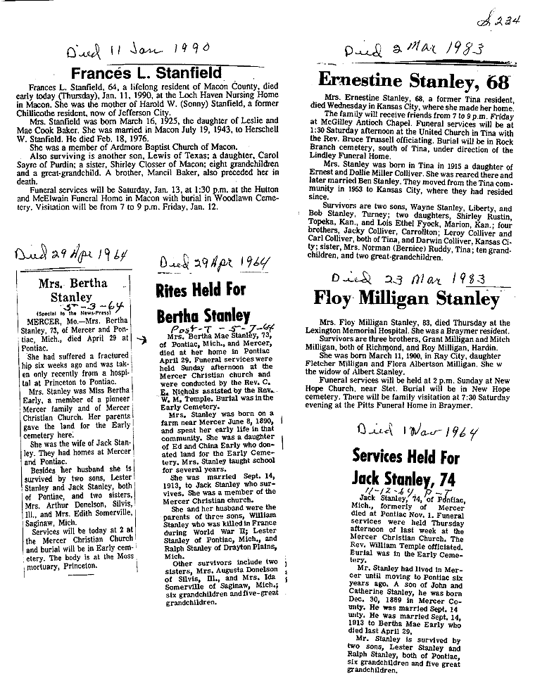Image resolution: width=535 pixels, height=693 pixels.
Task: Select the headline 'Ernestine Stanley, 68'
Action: click(414, 79)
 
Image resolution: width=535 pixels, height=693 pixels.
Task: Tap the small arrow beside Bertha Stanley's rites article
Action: click(143, 338)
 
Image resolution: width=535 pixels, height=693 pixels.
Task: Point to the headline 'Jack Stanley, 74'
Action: click(403, 479)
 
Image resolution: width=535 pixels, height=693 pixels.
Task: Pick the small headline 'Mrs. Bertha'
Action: click(74, 284)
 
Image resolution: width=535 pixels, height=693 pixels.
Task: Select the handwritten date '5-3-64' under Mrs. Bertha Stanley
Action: click(73, 307)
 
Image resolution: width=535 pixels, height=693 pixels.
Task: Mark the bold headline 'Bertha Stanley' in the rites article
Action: click(203, 314)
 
